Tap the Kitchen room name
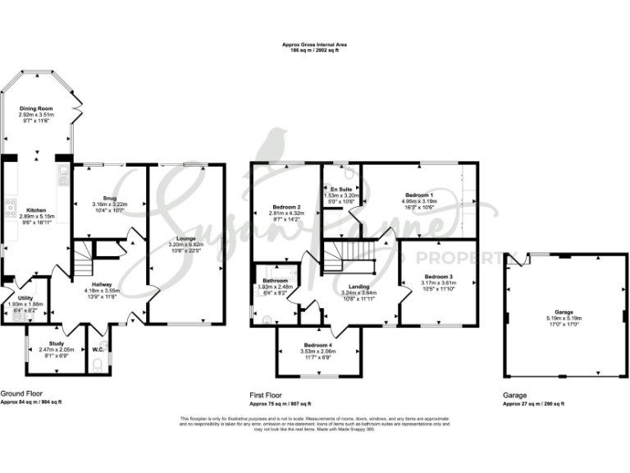pyautogui.click(x=36, y=209)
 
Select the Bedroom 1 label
pyautogui.click(x=418, y=193)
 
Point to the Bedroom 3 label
pyautogui.click(x=439, y=277)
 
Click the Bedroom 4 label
pyautogui.click(x=318, y=345)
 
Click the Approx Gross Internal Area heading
pyautogui.click(x=315, y=45)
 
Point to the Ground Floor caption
pyautogui.click(x=22, y=394)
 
